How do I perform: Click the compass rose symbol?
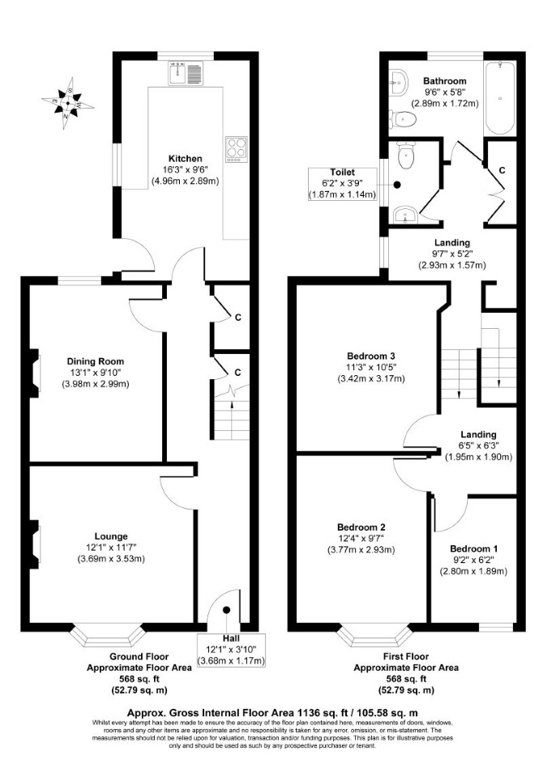coord(67,103)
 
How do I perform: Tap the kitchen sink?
coord(186,73)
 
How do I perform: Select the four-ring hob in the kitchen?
coord(236,149)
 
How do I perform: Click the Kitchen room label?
coord(186,159)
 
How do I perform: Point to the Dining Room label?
coord(96,361)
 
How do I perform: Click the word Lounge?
coord(111,537)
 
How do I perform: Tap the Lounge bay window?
coord(108,635)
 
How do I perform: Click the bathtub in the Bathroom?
coord(499,98)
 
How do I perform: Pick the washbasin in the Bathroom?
coord(399,82)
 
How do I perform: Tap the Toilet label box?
coord(343,184)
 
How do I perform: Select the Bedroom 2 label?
coord(361,527)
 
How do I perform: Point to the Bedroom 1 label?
coord(473,548)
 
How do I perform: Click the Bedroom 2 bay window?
coord(374,635)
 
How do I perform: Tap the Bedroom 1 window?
coord(495,627)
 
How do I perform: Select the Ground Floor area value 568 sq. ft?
coord(139,680)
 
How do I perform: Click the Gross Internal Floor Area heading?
coord(272,713)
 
